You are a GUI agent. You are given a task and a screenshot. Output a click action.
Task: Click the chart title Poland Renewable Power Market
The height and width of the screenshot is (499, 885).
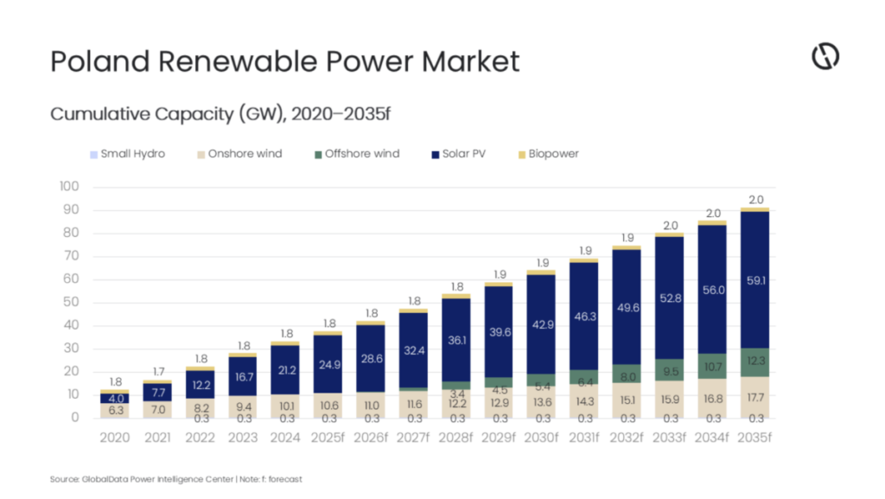click(x=285, y=61)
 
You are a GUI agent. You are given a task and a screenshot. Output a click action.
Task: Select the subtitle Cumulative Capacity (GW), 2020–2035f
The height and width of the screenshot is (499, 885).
click(x=222, y=113)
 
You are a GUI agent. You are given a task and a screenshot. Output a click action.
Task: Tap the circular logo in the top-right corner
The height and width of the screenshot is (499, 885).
click(x=825, y=57)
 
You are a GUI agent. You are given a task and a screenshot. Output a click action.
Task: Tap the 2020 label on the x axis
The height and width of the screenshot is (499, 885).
click(x=114, y=438)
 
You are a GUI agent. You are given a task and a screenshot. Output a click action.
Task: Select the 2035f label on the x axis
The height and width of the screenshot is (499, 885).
click(x=754, y=438)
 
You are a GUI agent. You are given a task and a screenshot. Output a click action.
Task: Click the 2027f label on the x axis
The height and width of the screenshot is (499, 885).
click(x=412, y=438)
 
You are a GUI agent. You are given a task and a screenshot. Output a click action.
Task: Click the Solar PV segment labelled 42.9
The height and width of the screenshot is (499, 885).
click(x=540, y=324)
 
